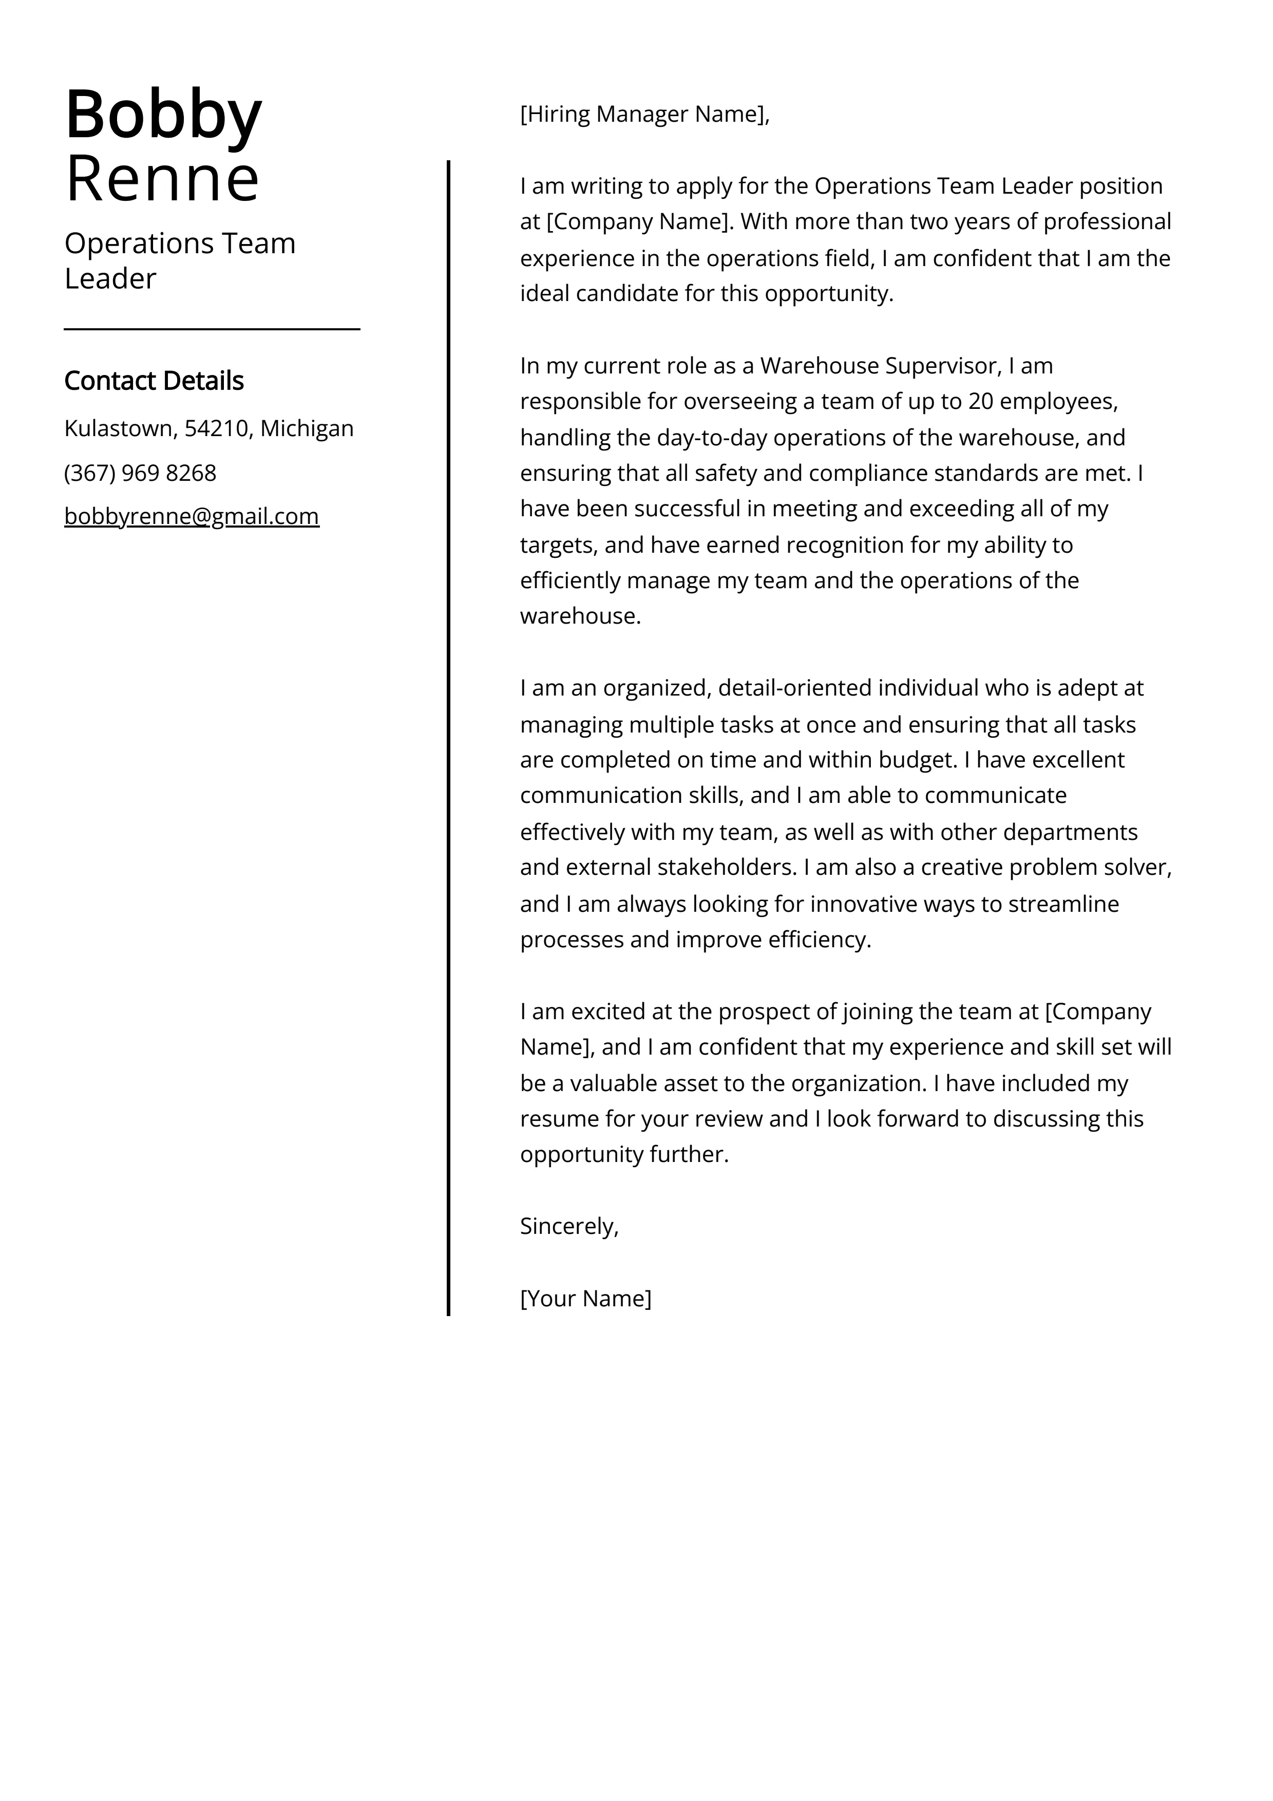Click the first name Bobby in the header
163,115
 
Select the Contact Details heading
154,381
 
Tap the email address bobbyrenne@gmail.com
192,516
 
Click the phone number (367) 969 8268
140,473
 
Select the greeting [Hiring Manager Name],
645,115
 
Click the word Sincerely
568,1226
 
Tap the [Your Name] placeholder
585,1298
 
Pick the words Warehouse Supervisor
880,366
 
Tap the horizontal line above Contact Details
212,329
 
